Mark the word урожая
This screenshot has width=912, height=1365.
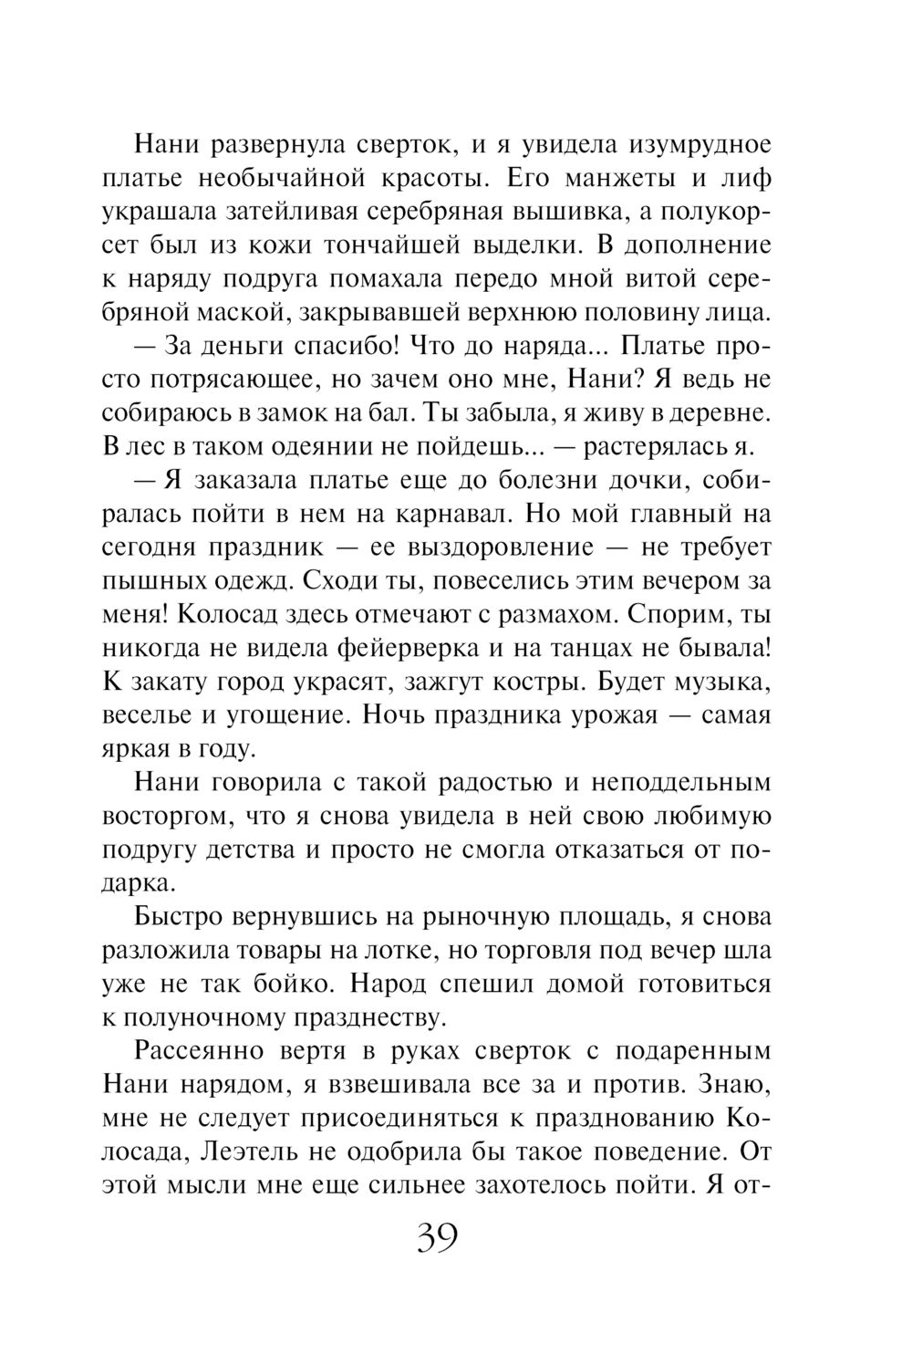(x=613, y=714)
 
